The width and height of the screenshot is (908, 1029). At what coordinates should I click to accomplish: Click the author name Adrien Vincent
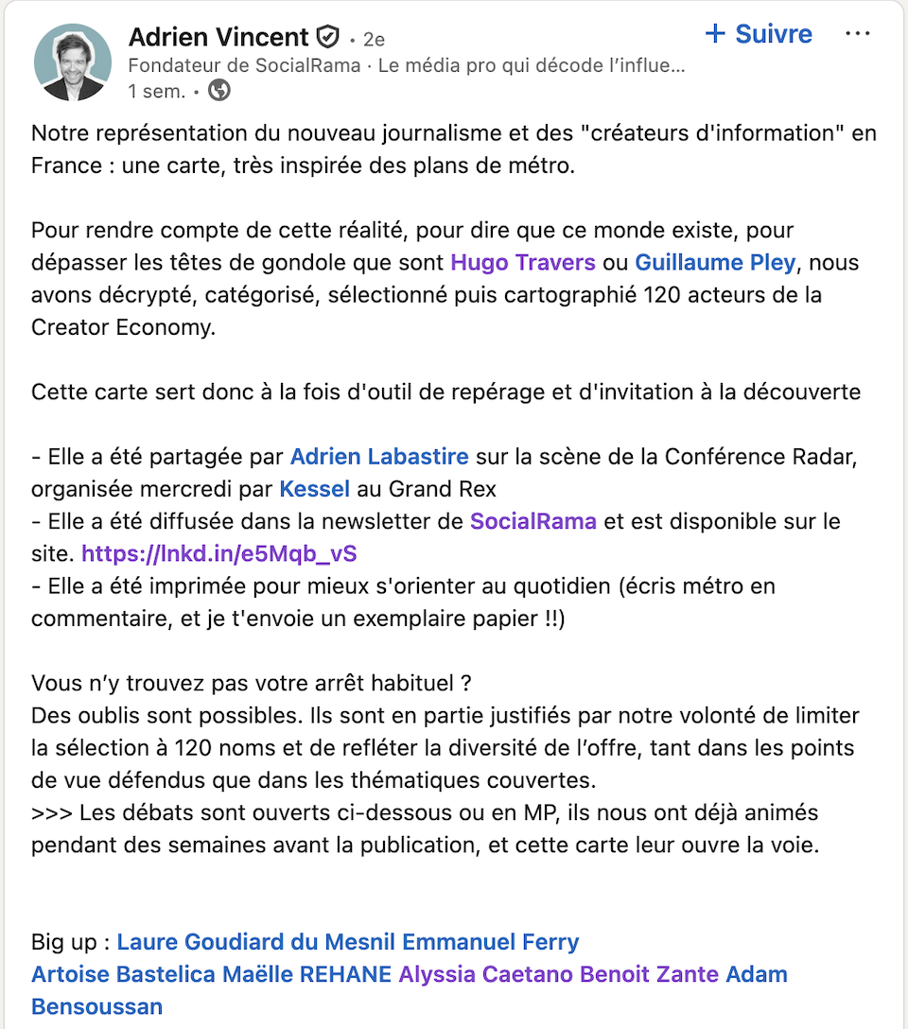218,37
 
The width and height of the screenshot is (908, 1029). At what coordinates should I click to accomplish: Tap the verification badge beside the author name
327,38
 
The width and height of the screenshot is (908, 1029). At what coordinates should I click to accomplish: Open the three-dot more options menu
857,34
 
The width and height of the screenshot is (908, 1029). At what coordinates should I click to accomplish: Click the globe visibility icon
219,91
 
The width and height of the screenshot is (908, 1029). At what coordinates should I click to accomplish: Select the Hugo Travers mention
523,262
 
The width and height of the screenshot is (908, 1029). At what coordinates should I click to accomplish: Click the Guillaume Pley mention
716,262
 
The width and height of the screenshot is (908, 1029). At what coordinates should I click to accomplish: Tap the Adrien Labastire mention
379,457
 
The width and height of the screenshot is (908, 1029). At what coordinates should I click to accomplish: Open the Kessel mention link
315,489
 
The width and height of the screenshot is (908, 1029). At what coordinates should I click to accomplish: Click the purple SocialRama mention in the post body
533,521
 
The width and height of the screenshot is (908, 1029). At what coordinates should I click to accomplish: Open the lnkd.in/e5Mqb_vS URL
219,553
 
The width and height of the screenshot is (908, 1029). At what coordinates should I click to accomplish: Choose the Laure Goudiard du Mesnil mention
256,942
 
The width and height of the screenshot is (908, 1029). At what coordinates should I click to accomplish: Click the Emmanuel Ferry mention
491,942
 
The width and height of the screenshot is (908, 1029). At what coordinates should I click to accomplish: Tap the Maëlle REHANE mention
306,974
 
